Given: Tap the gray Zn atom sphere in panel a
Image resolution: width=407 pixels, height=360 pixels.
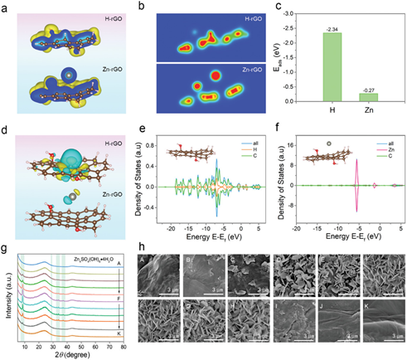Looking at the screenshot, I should tap(59, 72).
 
